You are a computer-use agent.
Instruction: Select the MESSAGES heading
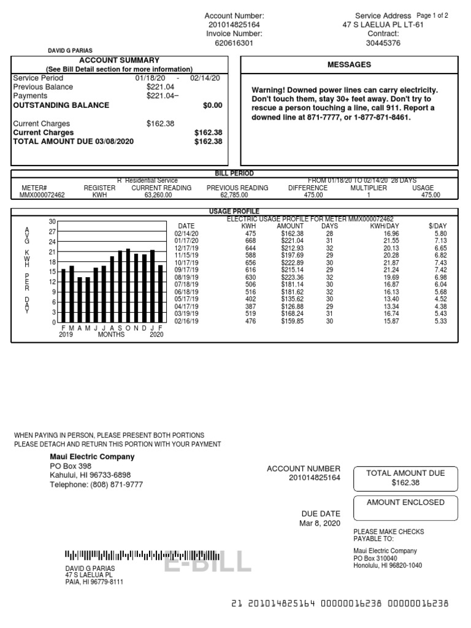349,65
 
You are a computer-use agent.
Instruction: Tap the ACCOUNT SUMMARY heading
119,61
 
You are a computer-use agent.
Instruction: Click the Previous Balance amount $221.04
161,87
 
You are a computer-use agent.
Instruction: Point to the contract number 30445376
383,44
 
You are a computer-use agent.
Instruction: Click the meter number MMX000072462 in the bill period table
42,195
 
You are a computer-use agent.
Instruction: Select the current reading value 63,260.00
161,195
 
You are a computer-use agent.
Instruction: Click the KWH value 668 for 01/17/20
249,241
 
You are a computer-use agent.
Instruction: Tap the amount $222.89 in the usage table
291,262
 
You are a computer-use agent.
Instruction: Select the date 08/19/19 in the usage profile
186,277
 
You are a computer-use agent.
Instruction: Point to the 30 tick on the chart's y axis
53,221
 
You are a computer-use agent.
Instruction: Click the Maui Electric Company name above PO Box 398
92,457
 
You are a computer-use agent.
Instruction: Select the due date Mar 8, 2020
320,523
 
